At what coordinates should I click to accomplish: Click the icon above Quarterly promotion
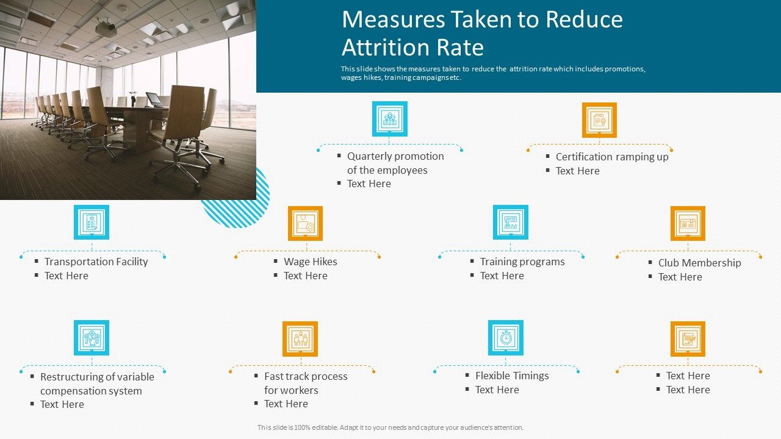point(390,119)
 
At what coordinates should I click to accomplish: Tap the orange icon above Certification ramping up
point(599,120)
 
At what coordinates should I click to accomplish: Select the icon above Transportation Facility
point(92,222)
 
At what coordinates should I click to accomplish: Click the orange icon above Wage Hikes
point(305,223)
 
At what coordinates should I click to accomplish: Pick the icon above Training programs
point(511,223)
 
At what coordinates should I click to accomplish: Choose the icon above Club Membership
point(688,223)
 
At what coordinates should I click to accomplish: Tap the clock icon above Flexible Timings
point(506,338)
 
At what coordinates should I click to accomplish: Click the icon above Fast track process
point(300,339)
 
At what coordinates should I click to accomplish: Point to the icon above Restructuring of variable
point(92,338)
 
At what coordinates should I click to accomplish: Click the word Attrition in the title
point(412,48)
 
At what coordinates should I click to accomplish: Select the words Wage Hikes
point(310,262)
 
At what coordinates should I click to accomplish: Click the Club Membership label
point(699,263)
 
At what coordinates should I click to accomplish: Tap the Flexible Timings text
point(512,376)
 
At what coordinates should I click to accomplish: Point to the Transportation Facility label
point(96,262)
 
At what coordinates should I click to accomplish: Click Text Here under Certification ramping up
point(577,171)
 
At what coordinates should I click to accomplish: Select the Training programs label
point(522,262)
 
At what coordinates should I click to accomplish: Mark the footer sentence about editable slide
point(390,427)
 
